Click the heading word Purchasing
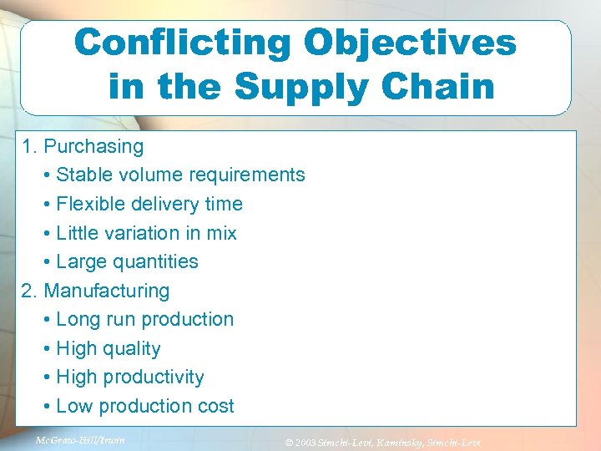click(93, 147)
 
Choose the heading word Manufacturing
click(107, 291)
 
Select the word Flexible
click(90, 205)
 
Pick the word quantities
click(159, 262)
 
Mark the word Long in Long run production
click(76, 320)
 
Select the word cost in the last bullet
click(216, 407)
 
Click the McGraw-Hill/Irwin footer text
click(80, 439)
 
